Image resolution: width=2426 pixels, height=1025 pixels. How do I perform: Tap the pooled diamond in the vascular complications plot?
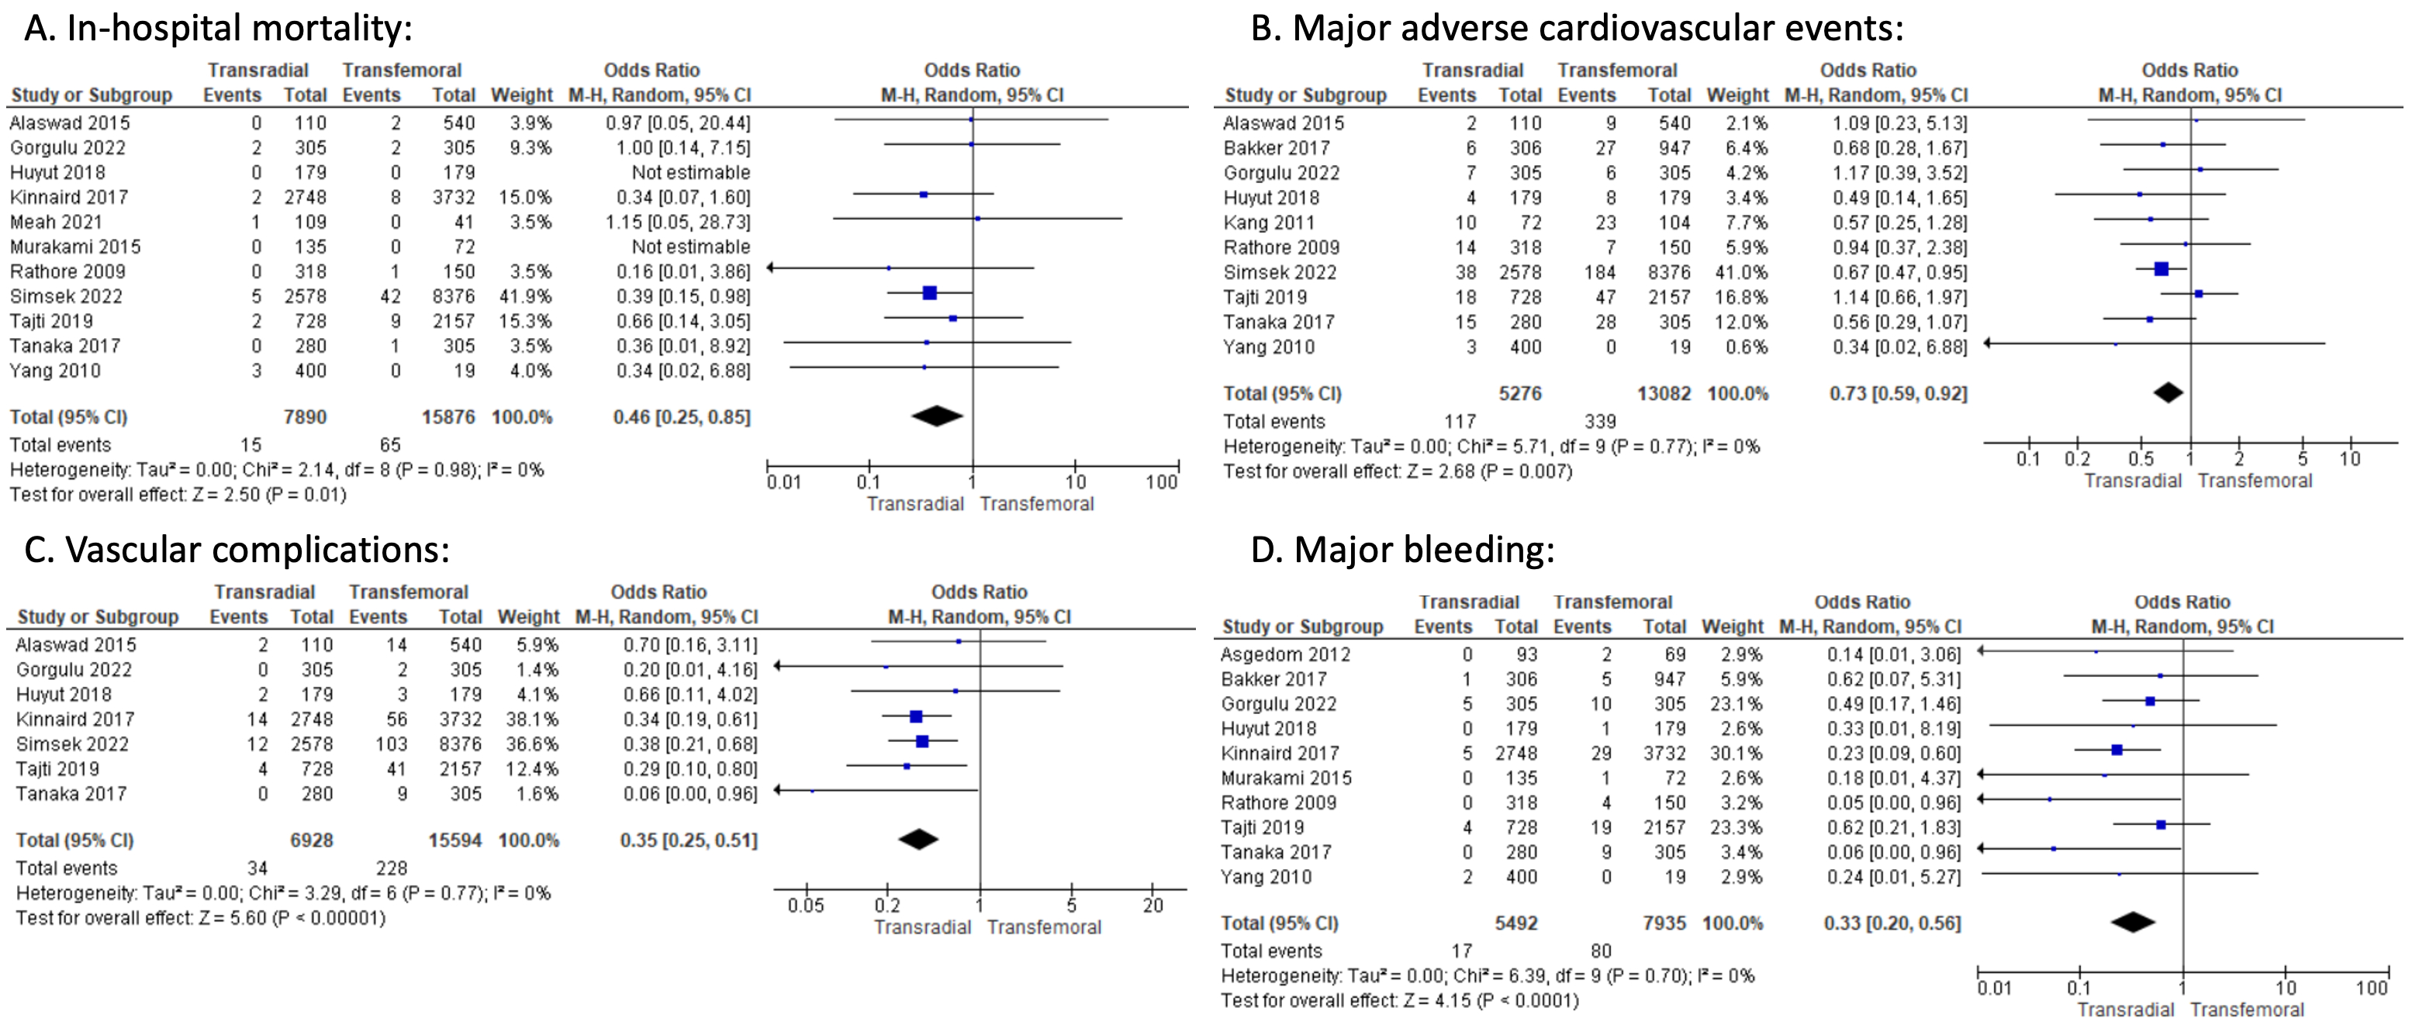coord(918,840)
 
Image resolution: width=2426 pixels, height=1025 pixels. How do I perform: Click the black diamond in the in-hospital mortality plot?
coord(936,416)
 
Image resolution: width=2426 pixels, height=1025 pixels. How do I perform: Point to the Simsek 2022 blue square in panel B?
coord(2161,270)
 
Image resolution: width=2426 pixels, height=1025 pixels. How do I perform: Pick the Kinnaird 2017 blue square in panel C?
coord(915,717)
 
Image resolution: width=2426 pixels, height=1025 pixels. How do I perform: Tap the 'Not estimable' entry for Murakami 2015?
coord(690,247)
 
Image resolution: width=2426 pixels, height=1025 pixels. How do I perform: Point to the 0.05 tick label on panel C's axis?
coord(805,906)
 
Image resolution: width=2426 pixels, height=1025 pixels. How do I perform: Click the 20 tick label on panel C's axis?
coord(1153,906)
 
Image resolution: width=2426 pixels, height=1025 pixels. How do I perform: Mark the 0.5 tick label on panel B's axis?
coord(2140,459)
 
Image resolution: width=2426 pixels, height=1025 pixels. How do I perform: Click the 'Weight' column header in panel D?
coord(1732,626)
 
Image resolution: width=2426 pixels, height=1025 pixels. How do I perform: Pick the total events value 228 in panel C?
coord(391,868)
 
